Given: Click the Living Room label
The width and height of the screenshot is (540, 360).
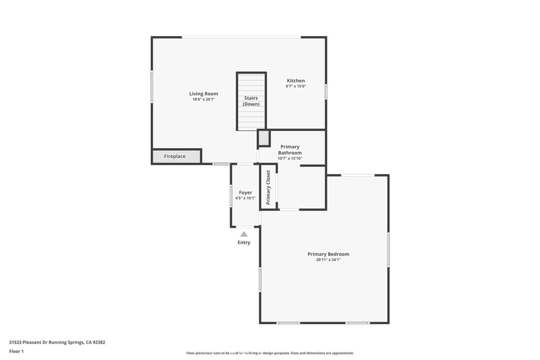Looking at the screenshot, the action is [x=204, y=94].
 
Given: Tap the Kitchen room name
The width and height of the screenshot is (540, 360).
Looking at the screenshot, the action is [x=296, y=81].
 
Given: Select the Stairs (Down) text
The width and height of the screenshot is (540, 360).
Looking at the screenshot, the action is [x=251, y=101].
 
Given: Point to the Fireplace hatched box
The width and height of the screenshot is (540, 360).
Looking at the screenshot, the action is [x=176, y=156].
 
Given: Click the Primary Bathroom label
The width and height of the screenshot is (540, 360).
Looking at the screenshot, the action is [x=290, y=150].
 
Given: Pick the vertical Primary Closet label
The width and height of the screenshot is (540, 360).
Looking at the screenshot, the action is [x=268, y=188].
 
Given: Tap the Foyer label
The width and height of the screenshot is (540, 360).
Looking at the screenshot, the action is [x=246, y=193].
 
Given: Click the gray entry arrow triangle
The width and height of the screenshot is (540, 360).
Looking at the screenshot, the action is [x=244, y=234].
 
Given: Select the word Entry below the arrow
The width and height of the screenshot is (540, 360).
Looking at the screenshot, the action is [x=244, y=242].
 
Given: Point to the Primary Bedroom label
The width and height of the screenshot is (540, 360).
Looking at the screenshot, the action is [x=328, y=254].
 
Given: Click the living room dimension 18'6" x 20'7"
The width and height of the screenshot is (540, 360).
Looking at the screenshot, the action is [x=204, y=100].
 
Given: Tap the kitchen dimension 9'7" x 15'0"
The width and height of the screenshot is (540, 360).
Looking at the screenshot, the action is [x=296, y=86].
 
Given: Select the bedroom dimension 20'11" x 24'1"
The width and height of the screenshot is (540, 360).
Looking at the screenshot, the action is [x=328, y=260].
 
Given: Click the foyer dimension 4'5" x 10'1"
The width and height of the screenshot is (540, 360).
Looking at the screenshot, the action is [x=246, y=198].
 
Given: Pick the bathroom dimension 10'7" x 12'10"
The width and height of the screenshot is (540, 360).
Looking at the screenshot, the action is [x=290, y=158].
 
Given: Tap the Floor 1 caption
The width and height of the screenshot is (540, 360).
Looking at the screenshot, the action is [x=16, y=352].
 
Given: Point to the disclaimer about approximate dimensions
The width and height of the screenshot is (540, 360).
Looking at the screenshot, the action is [x=270, y=353].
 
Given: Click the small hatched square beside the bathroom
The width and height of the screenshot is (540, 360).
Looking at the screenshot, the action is [x=264, y=138].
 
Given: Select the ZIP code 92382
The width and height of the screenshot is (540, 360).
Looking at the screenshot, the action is [x=99, y=343].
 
